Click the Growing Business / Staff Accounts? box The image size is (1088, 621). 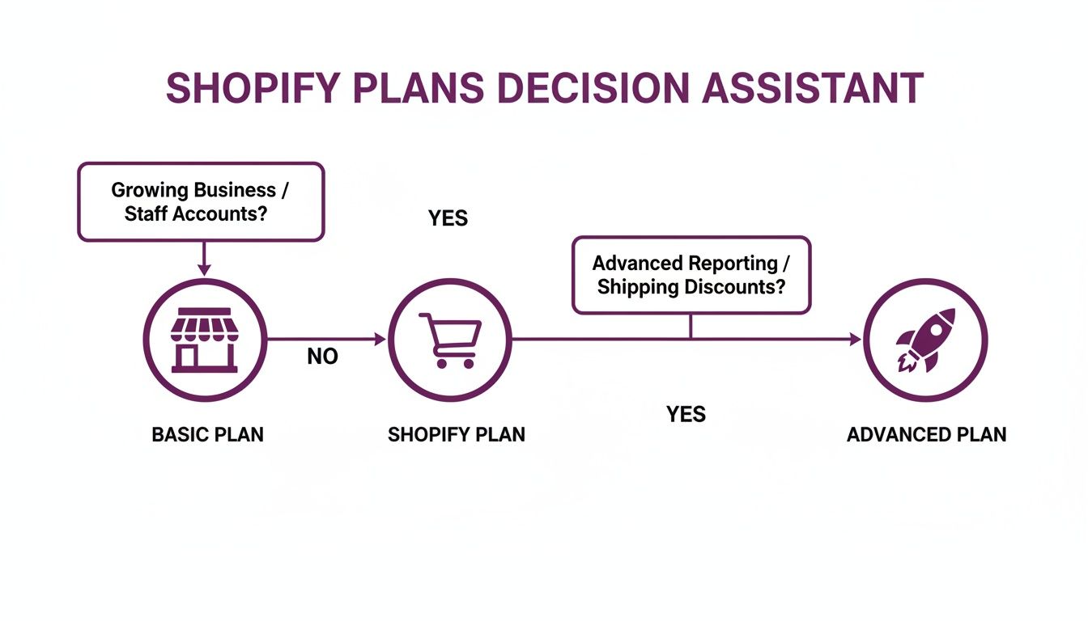[201, 201]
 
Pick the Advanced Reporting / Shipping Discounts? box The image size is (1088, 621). [691, 275]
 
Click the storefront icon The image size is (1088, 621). [204, 340]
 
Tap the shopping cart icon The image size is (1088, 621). [450, 340]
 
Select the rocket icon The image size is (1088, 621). [925, 340]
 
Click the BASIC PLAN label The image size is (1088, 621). [208, 434]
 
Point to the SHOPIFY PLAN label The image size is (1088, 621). [457, 434]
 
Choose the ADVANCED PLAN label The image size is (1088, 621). [926, 434]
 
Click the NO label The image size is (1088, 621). [322, 357]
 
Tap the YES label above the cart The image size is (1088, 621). [448, 218]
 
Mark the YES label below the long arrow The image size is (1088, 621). [686, 414]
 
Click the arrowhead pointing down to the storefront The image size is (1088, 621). [204, 269]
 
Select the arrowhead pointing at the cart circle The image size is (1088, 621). [380, 340]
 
